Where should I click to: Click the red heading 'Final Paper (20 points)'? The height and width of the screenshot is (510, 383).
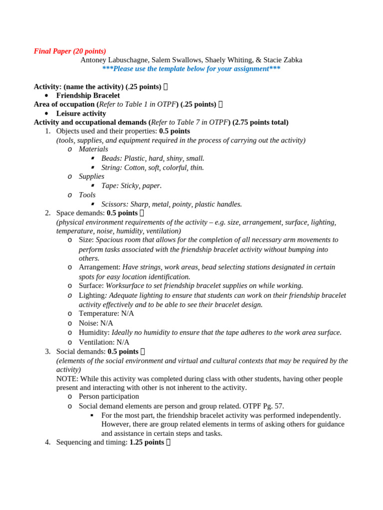click(70, 51)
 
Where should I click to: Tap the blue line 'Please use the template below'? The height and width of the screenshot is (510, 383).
click(191, 69)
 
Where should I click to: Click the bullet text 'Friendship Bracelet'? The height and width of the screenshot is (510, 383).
click(88, 95)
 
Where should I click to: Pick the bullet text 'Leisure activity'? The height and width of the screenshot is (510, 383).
click(81, 113)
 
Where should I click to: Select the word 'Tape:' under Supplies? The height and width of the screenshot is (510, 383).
click(110, 185)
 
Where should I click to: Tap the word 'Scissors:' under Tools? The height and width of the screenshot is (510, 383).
click(115, 204)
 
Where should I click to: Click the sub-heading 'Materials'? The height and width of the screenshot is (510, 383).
click(93, 149)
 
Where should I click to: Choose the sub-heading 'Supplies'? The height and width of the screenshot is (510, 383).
click(91, 176)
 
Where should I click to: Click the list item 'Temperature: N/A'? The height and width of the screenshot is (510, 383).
click(106, 313)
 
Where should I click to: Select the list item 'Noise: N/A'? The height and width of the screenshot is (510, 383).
click(96, 323)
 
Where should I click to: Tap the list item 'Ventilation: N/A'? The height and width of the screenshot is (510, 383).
click(104, 342)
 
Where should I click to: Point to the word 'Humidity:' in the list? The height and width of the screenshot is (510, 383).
click(94, 332)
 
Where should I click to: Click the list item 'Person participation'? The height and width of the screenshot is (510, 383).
click(109, 396)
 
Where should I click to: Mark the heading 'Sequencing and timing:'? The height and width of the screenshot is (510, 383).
click(92, 442)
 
